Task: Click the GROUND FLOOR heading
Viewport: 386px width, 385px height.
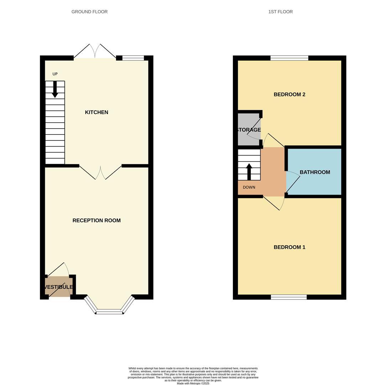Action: [x=89, y=12]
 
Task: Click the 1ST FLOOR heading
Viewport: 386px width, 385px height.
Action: [x=280, y=12]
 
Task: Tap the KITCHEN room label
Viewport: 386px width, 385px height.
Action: [x=96, y=112]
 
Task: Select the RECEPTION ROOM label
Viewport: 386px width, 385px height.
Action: [x=96, y=221]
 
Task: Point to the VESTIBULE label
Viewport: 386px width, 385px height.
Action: [x=59, y=287]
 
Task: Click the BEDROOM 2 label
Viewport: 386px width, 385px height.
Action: [x=289, y=94]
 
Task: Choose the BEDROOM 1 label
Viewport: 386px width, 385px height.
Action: [x=289, y=247]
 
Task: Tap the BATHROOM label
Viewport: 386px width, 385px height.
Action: [x=315, y=172]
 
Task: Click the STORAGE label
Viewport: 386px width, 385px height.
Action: [x=249, y=130]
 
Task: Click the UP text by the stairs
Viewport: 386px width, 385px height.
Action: [x=55, y=74]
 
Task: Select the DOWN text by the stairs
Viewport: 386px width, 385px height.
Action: [x=249, y=188]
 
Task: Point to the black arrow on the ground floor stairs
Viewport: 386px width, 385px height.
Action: [x=55, y=89]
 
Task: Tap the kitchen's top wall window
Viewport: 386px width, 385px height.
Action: [x=133, y=58]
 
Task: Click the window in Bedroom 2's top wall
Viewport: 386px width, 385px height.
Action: [x=289, y=58]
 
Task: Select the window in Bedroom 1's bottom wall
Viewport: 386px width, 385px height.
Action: [x=288, y=297]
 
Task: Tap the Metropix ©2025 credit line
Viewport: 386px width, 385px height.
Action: [x=193, y=384]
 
